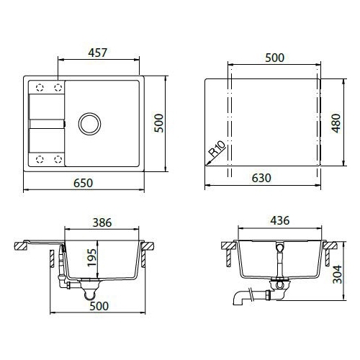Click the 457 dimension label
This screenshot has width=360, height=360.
(x=97, y=53)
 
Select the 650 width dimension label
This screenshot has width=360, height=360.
(x=83, y=183)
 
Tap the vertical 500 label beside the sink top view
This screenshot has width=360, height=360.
(x=159, y=123)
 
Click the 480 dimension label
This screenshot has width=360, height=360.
(x=336, y=123)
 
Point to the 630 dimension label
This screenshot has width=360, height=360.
(x=261, y=178)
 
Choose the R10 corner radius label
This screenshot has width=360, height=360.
(x=217, y=148)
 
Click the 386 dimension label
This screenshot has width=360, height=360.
(x=102, y=222)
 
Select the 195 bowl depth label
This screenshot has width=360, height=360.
(x=92, y=258)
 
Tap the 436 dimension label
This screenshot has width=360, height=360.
(x=280, y=220)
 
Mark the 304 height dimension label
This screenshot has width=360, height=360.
(x=338, y=274)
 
